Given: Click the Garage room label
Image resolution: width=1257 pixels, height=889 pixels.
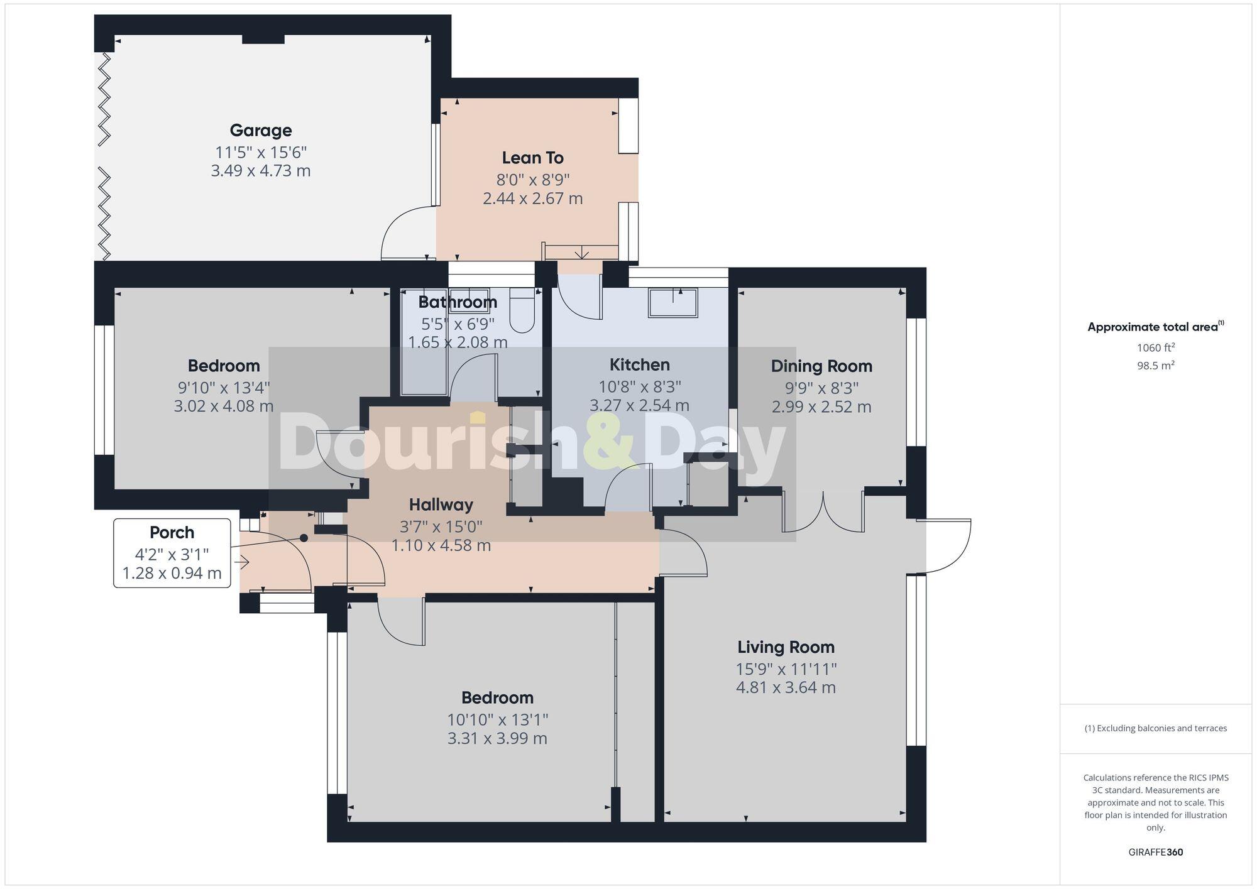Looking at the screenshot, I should pyautogui.click(x=261, y=131).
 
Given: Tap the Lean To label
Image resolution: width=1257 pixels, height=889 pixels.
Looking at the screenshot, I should pyautogui.click(x=532, y=158).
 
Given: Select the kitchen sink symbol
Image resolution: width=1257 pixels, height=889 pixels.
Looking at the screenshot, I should pyautogui.click(x=673, y=303).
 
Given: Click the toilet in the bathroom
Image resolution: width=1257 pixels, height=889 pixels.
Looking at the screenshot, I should pyautogui.click(x=521, y=311).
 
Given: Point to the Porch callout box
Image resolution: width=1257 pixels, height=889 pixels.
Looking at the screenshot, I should pyautogui.click(x=172, y=553).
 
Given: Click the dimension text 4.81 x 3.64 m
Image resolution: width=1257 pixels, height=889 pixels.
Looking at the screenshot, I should pyautogui.click(x=786, y=688).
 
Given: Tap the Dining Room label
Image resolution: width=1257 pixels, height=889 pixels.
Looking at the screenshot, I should pyautogui.click(x=821, y=366).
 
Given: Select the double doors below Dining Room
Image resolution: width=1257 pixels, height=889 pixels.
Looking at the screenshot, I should pyautogui.click(x=823, y=512).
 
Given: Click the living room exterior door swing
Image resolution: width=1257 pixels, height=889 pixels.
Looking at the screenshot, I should pyautogui.click(x=946, y=547).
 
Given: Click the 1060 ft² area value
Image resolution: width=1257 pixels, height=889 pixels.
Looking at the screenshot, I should pyautogui.click(x=1155, y=347).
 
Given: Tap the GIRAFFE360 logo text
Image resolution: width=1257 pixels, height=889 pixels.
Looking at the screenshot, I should pyautogui.click(x=1155, y=853).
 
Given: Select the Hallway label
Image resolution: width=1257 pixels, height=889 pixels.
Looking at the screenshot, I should pyautogui.click(x=441, y=504).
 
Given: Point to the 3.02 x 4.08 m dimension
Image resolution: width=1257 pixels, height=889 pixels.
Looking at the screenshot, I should pyautogui.click(x=224, y=406).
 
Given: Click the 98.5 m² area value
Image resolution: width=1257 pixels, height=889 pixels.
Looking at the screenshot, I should pyautogui.click(x=1155, y=366).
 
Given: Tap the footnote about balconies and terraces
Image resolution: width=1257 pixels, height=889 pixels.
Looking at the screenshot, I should pyautogui.click(x=1155, y=729).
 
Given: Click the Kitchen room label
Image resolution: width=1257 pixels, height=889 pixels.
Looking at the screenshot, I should pyautogui.click(x=639, y=365).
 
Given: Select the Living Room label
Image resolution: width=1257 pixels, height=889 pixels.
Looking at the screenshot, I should pyautogui.click(x=786, y=647).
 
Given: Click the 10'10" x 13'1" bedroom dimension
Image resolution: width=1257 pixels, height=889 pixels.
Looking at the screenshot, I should pyautogui.click(x=497, y=719).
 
